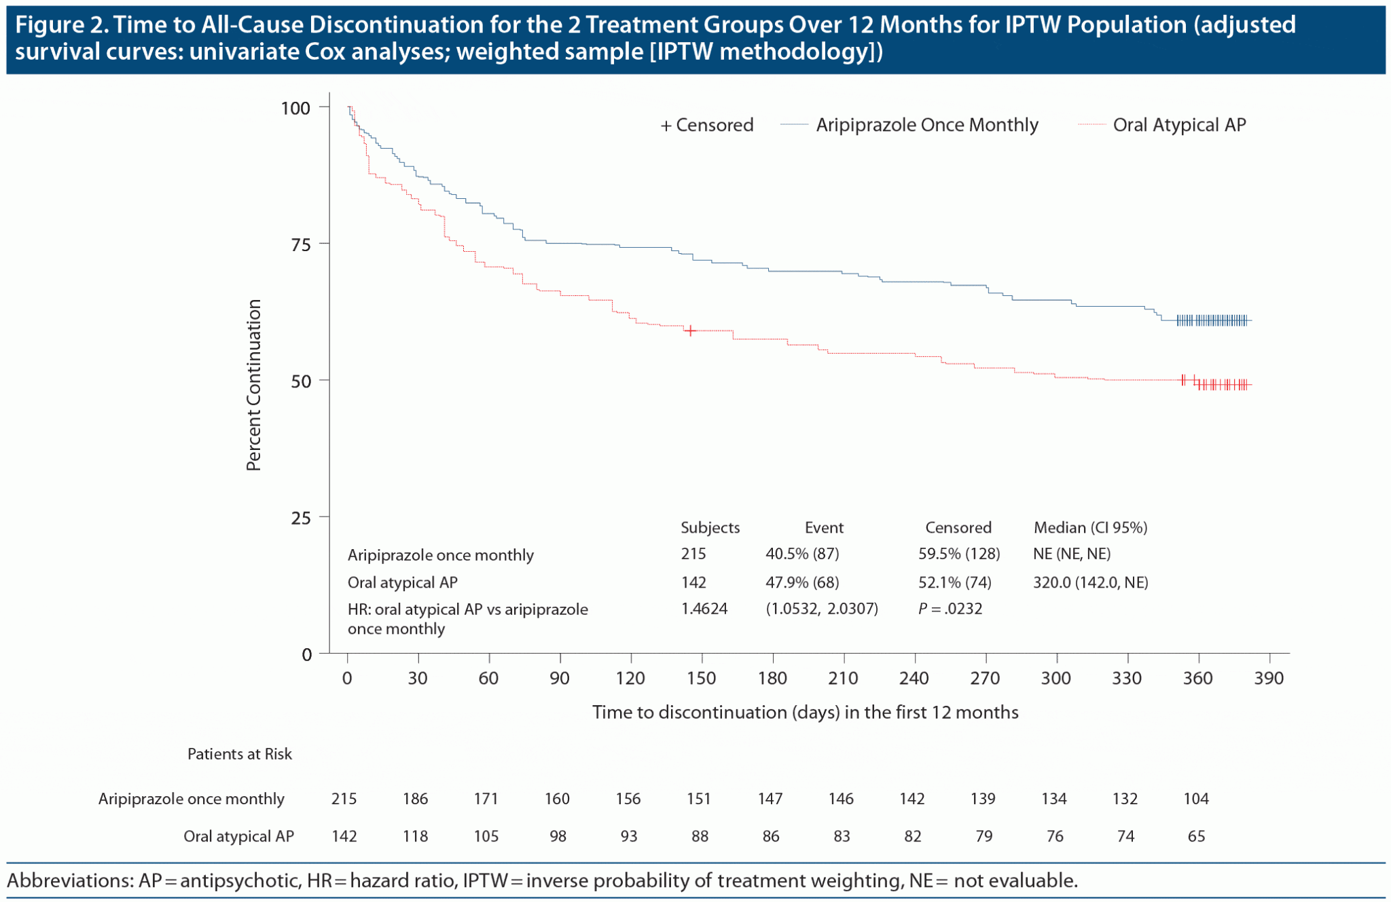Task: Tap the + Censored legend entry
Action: click(707, 125)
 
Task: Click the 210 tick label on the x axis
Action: click(843, 678)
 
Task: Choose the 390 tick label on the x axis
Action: click(1269, 678)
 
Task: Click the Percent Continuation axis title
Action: click(254, 385)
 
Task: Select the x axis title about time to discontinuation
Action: click(805, 712)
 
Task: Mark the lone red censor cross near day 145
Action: click(690, 331)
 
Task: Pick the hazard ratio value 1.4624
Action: click(704, 609)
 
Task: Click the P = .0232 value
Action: click(950, 609)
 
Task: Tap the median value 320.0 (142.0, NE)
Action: click(1090, 582)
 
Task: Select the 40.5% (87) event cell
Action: click(802, 554)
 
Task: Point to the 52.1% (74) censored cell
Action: click(954, 582)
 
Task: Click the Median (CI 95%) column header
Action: click(1090, 527)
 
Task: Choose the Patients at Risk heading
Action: click(239, 754)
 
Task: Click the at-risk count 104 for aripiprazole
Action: click(1195, 799)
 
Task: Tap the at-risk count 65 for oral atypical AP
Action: click(1196, 836)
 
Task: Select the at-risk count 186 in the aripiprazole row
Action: click(415, 799)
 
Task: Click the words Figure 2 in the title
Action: click(60, 25)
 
